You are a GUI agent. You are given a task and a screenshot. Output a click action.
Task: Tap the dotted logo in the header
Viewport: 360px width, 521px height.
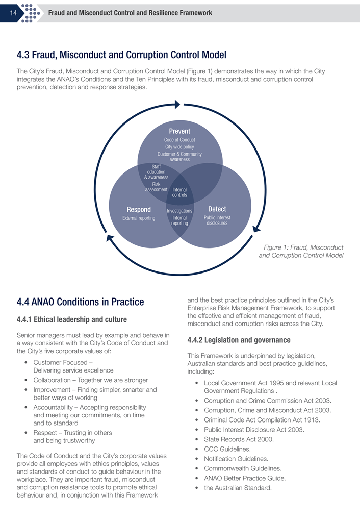[31, 12]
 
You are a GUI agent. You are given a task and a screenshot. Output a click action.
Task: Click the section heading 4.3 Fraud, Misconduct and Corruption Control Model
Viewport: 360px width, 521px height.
[121, 55]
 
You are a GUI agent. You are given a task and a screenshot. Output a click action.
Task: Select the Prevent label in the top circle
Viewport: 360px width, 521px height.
[179, 131]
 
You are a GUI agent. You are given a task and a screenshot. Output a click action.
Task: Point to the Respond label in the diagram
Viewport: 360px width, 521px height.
[139, 209]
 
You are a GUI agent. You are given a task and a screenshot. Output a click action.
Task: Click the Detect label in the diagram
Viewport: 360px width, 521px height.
[217, 209]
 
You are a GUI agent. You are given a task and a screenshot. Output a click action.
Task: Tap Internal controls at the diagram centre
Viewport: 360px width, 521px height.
[179, 192]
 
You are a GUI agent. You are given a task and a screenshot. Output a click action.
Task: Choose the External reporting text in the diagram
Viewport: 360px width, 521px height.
[139, 218]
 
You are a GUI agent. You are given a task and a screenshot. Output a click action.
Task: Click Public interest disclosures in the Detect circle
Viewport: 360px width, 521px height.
[217, 220]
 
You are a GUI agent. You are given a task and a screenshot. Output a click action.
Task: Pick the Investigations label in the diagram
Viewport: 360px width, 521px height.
[179, 211]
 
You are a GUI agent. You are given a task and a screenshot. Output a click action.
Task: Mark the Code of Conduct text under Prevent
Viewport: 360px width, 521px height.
[179, 140]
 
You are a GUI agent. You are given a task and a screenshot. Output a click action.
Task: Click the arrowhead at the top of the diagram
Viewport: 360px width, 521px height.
[177, 104]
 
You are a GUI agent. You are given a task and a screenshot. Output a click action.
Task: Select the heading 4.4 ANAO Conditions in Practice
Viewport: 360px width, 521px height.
[81, 302]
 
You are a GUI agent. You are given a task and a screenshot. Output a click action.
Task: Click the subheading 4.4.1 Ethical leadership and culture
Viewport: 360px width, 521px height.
[72, 320]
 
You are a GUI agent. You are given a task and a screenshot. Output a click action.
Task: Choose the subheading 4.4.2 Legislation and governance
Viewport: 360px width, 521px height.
[239, 340]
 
